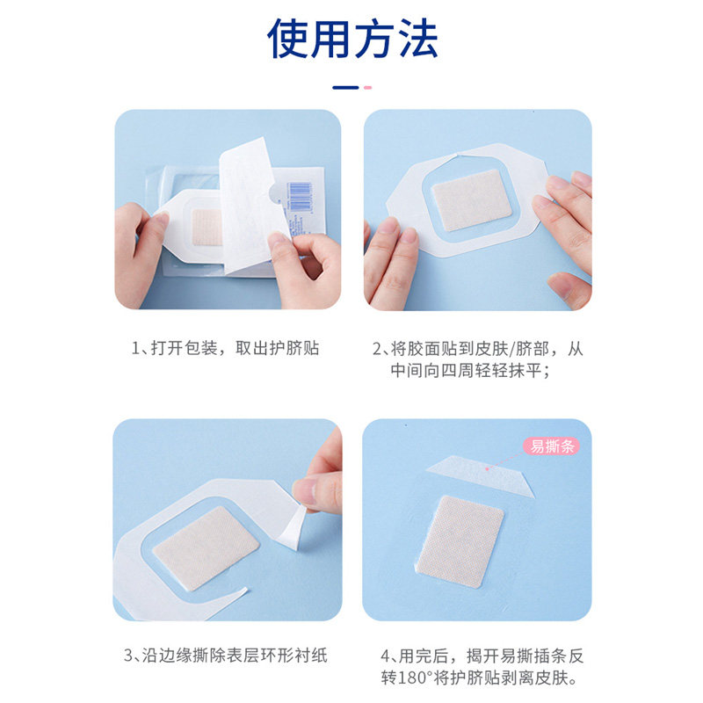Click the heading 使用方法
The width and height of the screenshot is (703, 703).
click(x=352, y=39)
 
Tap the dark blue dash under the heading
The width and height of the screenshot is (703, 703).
click(x=345, y=87)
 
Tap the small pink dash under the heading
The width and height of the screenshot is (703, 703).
click(x=367, y=87)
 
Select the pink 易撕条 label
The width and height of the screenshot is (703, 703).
click(x=552, y=446)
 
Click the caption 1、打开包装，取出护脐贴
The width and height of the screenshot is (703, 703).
click(x=225, y=348)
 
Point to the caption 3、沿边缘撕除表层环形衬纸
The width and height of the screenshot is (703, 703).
click(x=226, y=656)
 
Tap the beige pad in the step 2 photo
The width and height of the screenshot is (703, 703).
click(x=473, y=200)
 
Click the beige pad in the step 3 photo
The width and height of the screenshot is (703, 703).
click(x=206, y=547)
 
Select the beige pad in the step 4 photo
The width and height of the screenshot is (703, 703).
click(x=460, y=541)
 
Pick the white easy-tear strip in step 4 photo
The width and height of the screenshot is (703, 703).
click(x=480, y=475)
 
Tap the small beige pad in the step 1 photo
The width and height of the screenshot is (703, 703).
click(x=207, y=227)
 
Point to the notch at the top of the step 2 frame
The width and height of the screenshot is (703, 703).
click(x=459, y=156)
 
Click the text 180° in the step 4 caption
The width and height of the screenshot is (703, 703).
click(x=415, y=678)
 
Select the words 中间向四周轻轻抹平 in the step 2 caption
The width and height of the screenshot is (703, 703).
click(x=466, y=370)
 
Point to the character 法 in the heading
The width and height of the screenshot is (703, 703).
click(x=419, y=39)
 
